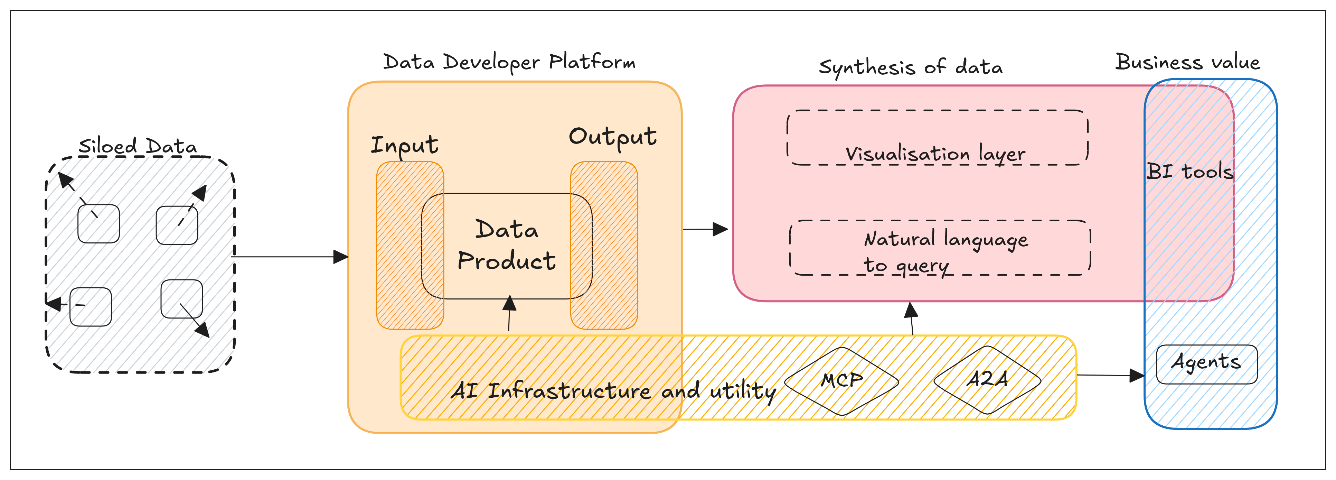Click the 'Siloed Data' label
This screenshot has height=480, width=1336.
click(x=138, y=146)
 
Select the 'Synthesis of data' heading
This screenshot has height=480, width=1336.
click(x=910, y=67)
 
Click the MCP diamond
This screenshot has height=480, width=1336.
click(x=841, y=381)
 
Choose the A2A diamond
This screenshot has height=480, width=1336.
click(x=987, y=379)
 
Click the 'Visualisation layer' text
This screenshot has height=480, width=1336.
click(x=935, y=154)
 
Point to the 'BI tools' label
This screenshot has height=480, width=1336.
click(x=1189, y=171)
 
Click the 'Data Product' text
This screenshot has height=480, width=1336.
click(x=506, y=245)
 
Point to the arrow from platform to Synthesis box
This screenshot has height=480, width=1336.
click(x=705, y=229)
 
